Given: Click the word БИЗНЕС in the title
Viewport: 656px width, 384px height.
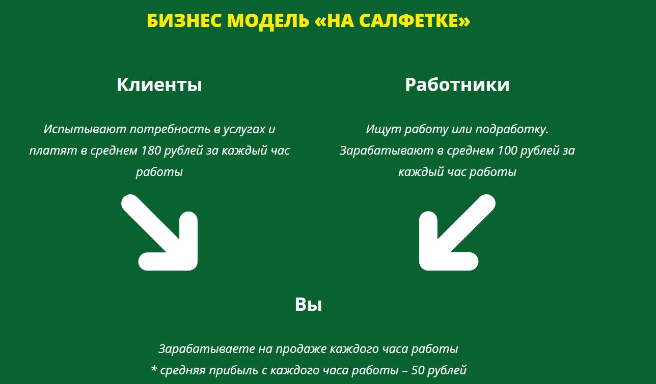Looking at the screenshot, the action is pyautogui.click(x=184, y=21).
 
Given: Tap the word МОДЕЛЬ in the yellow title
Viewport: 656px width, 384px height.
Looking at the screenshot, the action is pyautogui.click(x=268, y=21).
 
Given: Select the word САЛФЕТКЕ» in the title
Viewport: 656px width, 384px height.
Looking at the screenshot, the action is pyautogui.click(x=415, y=21).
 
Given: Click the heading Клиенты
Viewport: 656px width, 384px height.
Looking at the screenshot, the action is pyautogui.click(x=159, y=84).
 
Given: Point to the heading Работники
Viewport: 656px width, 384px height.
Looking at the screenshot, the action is pyautogui.click(x=457, y=84).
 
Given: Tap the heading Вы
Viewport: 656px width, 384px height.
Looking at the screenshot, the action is pyautogui.click(x=308, y=304).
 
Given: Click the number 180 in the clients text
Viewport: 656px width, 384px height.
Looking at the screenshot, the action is pyautogui.click(x=151, y=151).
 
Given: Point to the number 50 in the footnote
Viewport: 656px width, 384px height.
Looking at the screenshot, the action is pyautogui.click(x=418, y=370).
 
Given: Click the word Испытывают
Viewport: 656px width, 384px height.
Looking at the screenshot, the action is pyautogui.click(x=85, y=129).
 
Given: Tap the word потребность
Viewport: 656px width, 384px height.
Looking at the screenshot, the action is pyautogui.click(x=170, y=129).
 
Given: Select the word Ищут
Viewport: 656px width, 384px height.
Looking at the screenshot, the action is pyautogui.click(x=384, y=130).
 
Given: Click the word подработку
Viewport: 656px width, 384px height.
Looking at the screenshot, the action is pyautogui.click(x=512, y=130).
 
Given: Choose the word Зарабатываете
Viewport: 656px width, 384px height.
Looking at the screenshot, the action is pyautogui.click(x=206, y=349).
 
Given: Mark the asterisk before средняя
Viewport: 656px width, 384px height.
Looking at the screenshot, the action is pyautogui.click(x=153, y=368).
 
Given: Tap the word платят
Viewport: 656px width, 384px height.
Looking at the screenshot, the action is pyautogui.click(x=53, y=151).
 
